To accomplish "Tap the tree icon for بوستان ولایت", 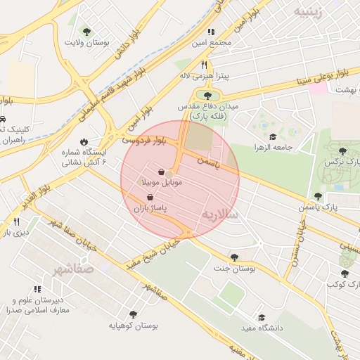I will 86,32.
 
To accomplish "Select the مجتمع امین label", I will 214,42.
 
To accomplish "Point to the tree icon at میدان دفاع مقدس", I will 207,95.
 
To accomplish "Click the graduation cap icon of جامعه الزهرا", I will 273,137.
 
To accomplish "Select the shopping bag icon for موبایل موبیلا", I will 162,172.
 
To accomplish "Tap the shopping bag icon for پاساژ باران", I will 150,198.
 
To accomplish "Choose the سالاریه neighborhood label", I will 220,213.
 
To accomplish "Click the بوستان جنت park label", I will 234,269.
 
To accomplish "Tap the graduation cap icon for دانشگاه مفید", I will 262,318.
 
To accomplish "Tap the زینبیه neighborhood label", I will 311,12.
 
